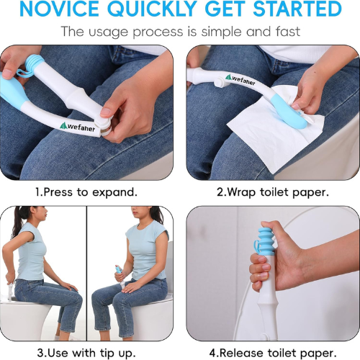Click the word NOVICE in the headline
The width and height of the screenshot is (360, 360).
coord(59,9)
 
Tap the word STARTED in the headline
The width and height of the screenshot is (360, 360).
coord(297,9)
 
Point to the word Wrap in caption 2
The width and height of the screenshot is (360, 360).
coord(240,192)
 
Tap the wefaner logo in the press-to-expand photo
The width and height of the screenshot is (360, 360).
coord(77,127)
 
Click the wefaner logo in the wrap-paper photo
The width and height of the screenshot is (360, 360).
coord(240,80)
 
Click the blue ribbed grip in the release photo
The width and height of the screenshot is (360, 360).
coord(267,241)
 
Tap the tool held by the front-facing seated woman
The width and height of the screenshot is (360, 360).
coord(120,276)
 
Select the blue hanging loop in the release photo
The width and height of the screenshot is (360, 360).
coord(256,247)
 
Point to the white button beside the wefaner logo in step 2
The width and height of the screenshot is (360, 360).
coord(219,83)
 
